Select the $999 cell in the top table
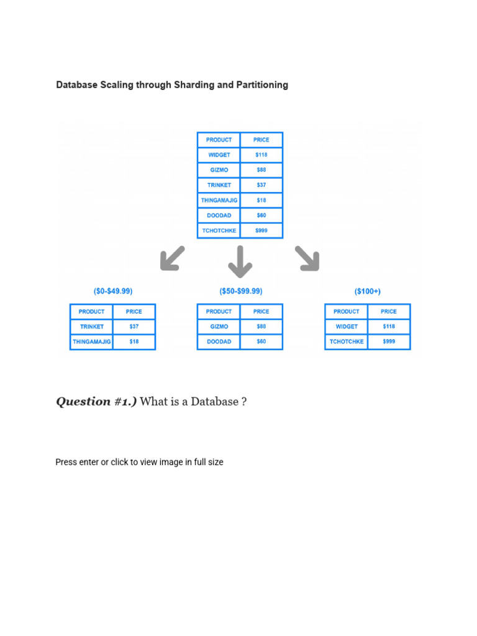pos(261,230)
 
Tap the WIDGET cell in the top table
pos(219,155)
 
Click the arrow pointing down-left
pos(172,258)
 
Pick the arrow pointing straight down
pos(240,261)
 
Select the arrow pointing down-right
pos(307,258)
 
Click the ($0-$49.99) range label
pos(113,291)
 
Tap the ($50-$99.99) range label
pos(240,291)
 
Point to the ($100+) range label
pos(368,291)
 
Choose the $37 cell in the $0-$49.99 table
pos(134,327)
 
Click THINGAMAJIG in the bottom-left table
pos(92,342)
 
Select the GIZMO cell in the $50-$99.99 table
pos(219,327)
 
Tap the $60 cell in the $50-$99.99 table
pos(261,342)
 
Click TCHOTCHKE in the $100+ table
pos(347,342)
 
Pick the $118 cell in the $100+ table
pos(389,327)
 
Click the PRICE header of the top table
pos(261,140)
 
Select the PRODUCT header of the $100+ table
pos(347,312)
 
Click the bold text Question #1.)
pos(96,402)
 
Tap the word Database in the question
pos(214,402)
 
